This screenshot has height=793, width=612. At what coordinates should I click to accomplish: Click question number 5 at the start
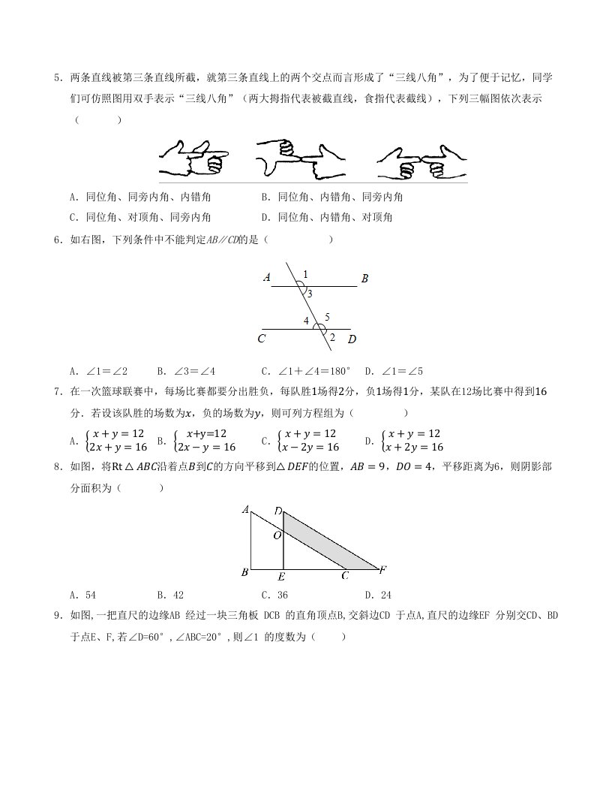click(57, 77)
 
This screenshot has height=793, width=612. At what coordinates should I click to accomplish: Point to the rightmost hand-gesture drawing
click(421, 160)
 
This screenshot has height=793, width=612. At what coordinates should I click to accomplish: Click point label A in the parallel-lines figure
click(267, 278)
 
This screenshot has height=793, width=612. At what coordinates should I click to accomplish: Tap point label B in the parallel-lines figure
click(364, 279)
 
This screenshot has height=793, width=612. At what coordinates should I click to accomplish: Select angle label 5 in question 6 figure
click(327, 316)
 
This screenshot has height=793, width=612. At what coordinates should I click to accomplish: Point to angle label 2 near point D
click(332, 336)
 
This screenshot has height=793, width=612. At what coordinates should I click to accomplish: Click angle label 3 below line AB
click(310, 294)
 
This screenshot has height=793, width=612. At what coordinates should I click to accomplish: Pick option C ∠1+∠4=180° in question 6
click(305, 371)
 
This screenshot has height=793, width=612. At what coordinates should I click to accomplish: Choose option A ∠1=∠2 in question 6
click(98, 371)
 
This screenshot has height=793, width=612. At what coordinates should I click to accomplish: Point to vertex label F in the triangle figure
click(382, 570)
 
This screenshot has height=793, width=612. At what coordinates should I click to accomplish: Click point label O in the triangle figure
click(277, 535)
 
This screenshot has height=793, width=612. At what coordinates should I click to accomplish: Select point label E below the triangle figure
click(280, 577)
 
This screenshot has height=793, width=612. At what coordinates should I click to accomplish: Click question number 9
click(57, 616)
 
